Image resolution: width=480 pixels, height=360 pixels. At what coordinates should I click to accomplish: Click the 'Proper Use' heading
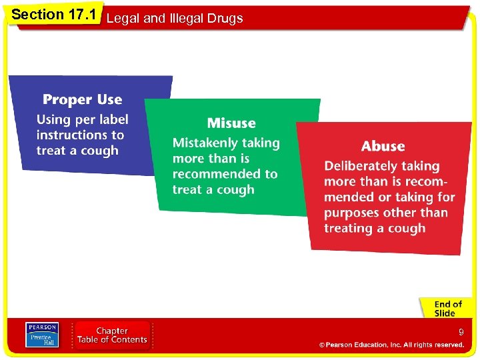pos(82,100)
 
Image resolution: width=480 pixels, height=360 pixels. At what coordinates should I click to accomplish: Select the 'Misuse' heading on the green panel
pos(231,123)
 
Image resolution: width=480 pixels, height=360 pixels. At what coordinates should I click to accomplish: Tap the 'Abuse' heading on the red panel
pos(383,147)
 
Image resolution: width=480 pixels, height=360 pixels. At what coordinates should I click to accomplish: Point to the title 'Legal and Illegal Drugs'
pos(175,19)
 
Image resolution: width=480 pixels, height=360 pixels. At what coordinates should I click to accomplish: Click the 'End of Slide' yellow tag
pos(447,309)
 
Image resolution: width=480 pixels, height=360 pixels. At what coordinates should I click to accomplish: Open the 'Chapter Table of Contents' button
pos(112,335)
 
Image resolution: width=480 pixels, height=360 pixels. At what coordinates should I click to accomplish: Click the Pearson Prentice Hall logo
pos(41,335)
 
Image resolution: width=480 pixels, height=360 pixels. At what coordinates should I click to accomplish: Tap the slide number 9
pos(461,332)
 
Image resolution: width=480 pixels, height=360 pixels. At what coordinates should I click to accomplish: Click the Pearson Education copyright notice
pos(391,345)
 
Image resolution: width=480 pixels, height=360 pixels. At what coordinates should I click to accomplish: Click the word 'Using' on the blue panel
pos(52,120)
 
